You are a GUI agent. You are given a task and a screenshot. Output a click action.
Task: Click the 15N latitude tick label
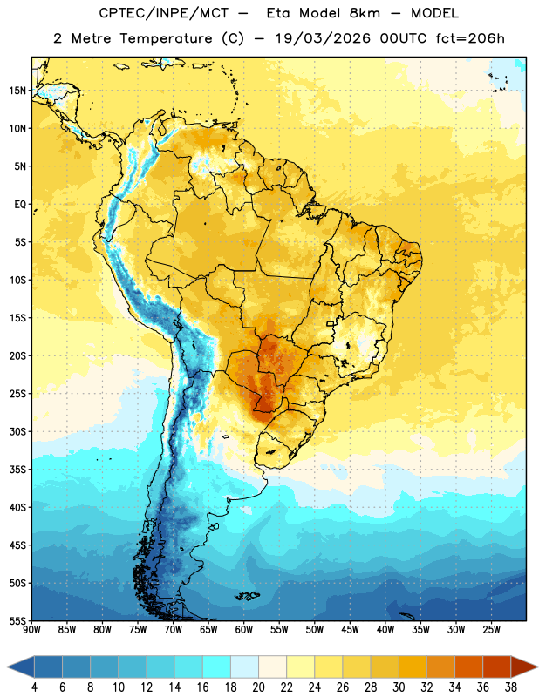(x=17, y=91)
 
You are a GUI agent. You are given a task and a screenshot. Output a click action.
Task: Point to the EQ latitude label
(x=20, y=205)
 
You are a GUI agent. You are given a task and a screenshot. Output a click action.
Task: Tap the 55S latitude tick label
(x=17, y=620)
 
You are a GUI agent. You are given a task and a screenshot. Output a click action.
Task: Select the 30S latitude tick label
(x=17, y=431)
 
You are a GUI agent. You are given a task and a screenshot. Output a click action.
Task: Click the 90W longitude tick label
(x=31, y=630)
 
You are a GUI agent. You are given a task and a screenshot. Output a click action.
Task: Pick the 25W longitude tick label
(x=491, y=630)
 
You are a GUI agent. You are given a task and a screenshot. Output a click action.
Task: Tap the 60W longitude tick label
(x=244, y=630)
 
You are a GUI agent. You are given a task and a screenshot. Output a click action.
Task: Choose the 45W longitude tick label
(x=351, y=630)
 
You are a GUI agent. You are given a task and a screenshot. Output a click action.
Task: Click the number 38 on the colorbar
(x=511, y=687)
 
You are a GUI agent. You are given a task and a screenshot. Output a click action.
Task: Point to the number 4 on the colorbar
(x=34, y=687)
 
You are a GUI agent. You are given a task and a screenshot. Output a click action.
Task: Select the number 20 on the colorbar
(x=258, y=687)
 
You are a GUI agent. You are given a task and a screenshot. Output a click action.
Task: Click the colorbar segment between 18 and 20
(x=244, y=667)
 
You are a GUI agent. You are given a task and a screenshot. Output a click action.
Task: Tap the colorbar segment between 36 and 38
(x=497, y=667)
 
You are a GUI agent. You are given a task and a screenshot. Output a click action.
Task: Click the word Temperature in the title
(x=166, y=38)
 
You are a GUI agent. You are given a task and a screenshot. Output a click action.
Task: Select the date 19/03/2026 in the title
(x=323, y=38)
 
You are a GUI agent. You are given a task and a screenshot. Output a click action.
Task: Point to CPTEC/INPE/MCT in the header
(x=163, y=13)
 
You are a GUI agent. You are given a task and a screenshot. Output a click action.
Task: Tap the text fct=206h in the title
(x=470, y=38)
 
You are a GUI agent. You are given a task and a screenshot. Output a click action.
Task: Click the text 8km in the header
(x=365, y=13)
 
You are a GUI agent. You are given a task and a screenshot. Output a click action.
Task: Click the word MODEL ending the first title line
(x=434, y=13)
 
